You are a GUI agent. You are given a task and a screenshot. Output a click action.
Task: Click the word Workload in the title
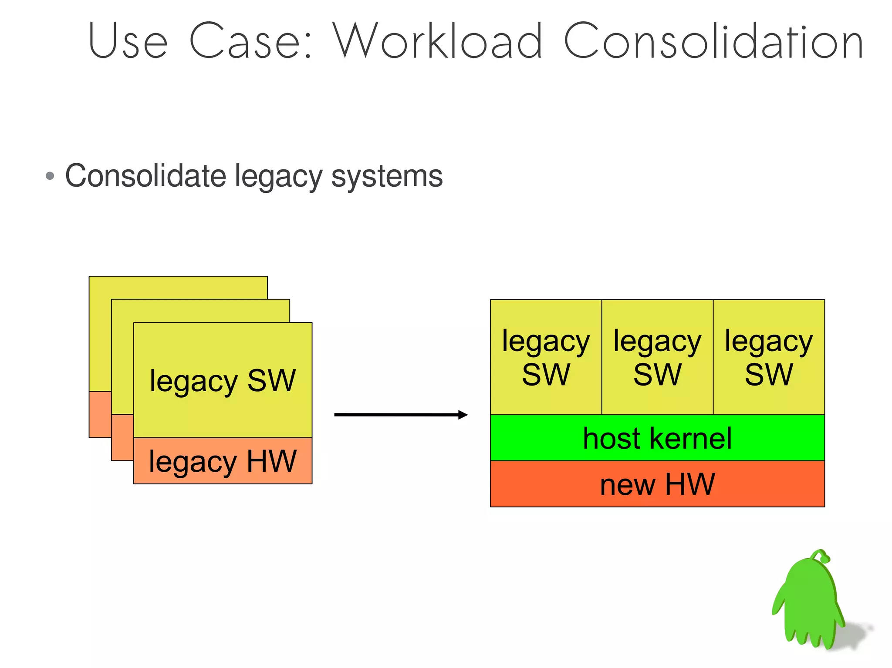tap(438, 41)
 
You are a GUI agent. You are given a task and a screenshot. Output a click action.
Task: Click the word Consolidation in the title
tap(713, 41)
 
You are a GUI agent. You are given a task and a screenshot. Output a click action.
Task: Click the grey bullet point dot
tap(50, 176)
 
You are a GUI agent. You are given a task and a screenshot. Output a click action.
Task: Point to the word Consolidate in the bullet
tap(145, 176)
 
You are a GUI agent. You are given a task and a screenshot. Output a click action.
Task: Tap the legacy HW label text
tap(223, 461)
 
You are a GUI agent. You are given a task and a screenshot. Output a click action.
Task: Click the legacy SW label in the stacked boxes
tap(223, 381)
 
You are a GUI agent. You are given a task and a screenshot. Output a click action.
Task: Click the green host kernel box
tap(657, 438)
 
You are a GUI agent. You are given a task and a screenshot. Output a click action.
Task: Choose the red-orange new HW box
tap(657, 484)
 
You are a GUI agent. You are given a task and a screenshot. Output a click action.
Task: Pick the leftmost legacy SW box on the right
tap(546, 357)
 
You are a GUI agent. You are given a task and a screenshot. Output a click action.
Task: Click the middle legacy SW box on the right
tap(657, 357)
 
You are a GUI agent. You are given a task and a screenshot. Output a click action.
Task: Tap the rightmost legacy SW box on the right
tap(769, 357)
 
